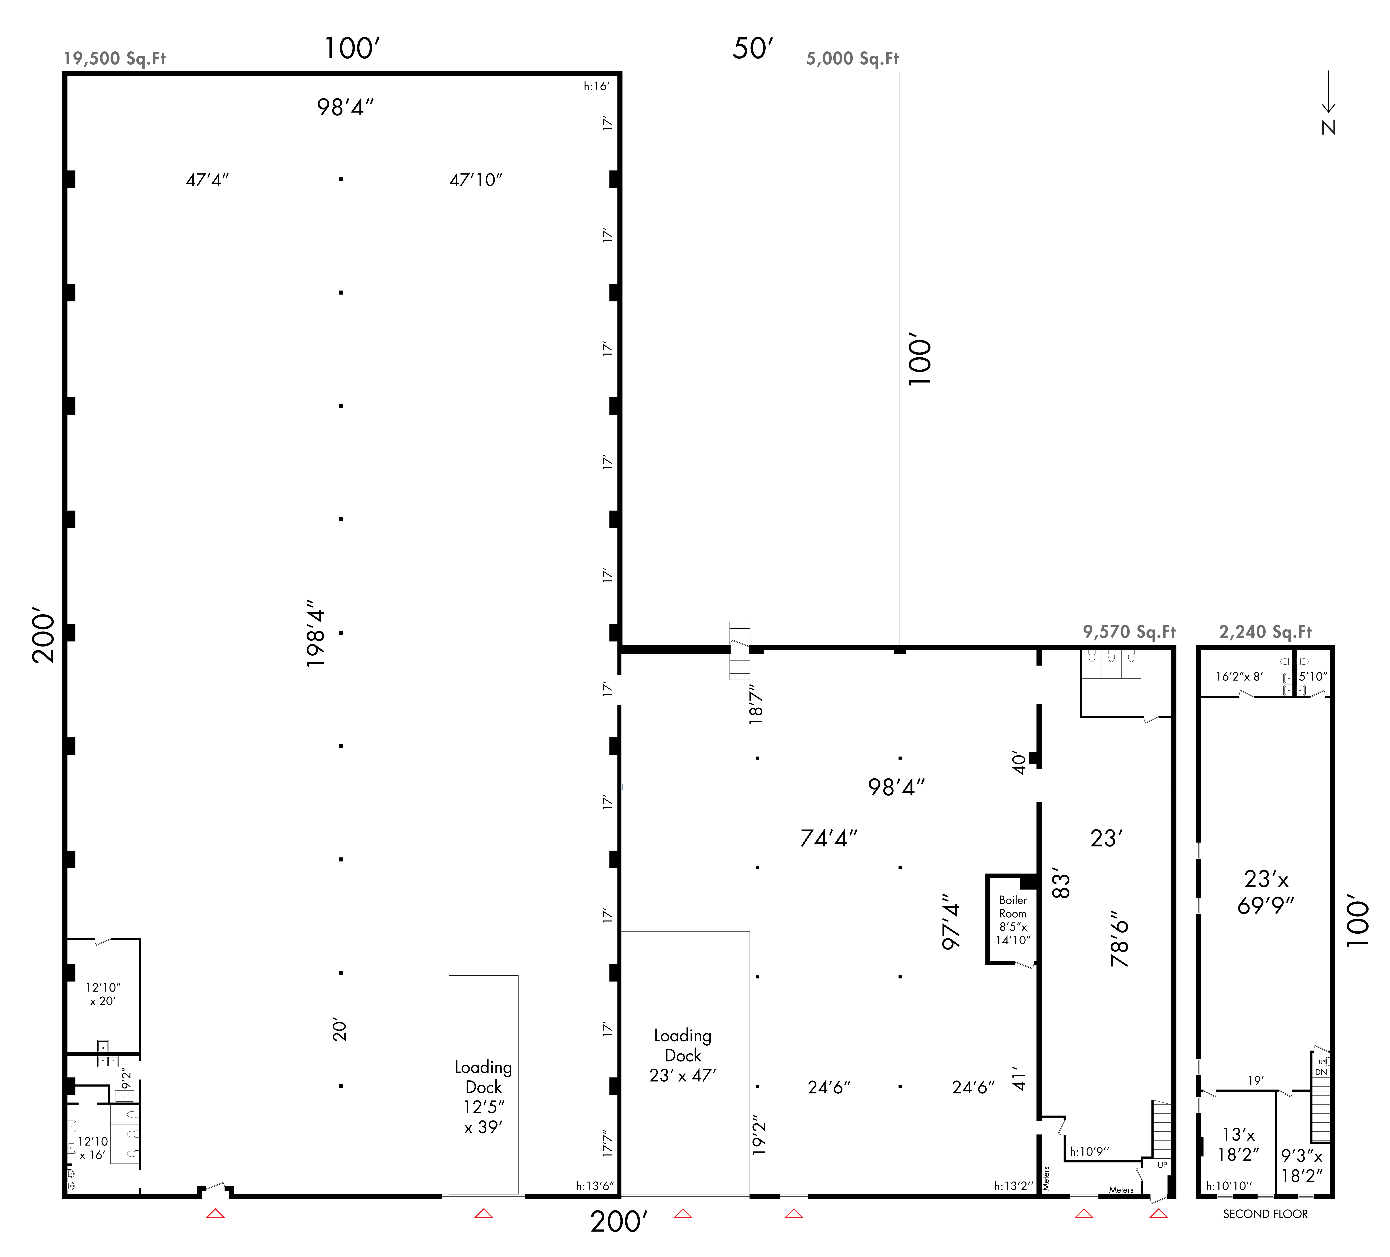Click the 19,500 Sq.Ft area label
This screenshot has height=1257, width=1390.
[114, 59]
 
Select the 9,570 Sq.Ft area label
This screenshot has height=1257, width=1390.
[1129, 632]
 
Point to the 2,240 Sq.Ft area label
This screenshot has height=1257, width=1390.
[1265, 632]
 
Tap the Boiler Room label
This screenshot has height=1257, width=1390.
[1013, 907]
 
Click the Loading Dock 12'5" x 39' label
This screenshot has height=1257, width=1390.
[483, 1097]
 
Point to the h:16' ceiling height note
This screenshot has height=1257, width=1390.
[596, 86]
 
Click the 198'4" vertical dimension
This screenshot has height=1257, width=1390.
[315, 638]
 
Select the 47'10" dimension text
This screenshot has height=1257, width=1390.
[476, 180]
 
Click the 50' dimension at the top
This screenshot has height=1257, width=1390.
[753, 48]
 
